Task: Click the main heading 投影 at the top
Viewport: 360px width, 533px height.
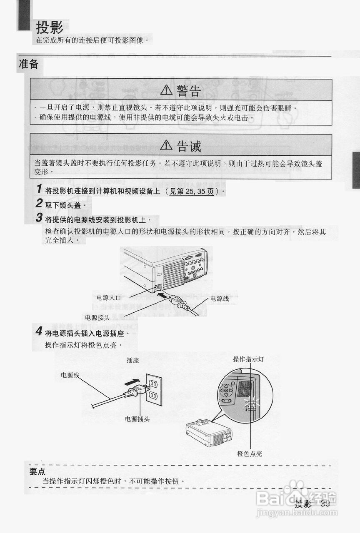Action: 50,28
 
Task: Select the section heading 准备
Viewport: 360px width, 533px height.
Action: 29,64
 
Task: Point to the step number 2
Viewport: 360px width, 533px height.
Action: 39,204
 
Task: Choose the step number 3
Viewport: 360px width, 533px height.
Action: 39,218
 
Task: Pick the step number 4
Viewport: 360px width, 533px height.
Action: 39,332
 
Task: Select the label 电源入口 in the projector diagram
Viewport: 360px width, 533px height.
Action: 108,298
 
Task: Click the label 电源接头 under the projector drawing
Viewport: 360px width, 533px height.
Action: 97,318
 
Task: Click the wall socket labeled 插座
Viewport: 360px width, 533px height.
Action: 153,389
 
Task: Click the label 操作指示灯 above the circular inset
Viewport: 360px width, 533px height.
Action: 248,359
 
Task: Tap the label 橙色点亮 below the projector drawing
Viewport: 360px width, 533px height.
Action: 250,454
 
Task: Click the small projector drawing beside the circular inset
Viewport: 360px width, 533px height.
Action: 209,433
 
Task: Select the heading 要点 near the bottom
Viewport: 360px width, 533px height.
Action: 37,472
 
